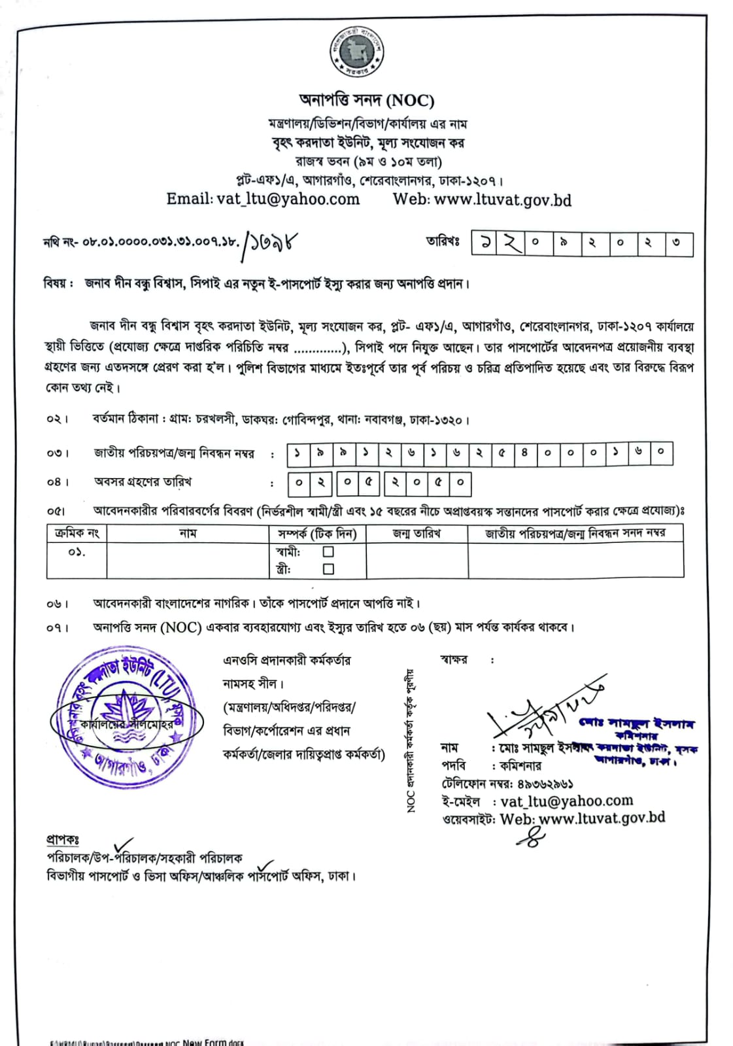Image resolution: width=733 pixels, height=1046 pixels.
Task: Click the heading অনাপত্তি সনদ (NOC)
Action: point(366,100)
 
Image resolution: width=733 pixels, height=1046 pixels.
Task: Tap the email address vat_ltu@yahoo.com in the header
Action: point(288,199)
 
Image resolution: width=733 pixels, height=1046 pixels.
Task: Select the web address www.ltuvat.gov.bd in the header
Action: point(502,200)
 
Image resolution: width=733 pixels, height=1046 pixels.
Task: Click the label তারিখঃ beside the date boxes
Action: point(443,242)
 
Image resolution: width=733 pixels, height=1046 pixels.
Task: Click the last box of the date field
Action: point(678,245)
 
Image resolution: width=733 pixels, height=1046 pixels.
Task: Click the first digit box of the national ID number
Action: point(298,453)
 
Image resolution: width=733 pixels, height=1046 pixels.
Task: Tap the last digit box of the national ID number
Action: point(661,453)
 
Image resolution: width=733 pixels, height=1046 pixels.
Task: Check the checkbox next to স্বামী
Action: point(328,552)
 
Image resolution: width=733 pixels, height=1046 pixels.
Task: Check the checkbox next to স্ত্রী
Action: point(328,569)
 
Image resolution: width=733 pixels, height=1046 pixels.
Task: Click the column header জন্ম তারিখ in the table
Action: point(417,533)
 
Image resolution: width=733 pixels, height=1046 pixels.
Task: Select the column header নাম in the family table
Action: point(188,533)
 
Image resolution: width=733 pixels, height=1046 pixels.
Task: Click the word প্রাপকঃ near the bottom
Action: point(62,839)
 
